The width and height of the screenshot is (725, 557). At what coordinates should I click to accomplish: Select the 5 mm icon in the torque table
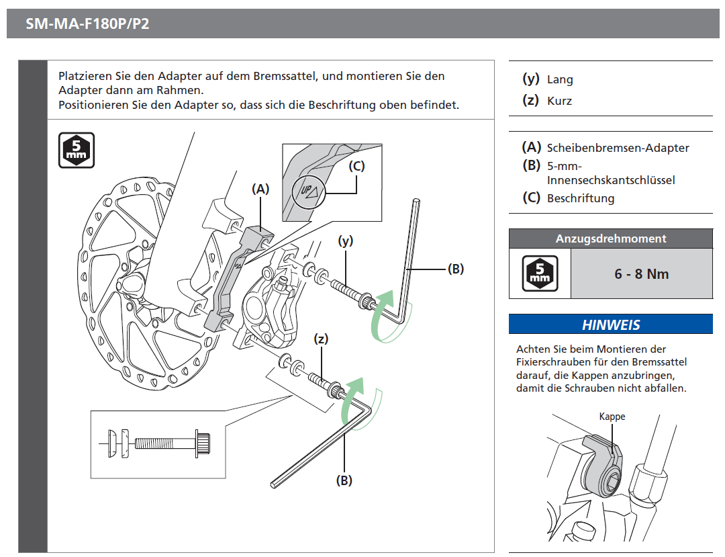(540, 273)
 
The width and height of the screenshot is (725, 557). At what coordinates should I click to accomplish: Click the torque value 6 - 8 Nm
(641, 273)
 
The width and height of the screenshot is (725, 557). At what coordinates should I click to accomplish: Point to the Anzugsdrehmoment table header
(610, 239)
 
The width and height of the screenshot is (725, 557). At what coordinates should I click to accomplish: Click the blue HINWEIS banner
(610, 325)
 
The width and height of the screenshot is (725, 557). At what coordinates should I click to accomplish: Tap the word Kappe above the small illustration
(612, 417)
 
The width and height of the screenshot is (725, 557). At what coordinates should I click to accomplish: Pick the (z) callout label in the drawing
(322, 339)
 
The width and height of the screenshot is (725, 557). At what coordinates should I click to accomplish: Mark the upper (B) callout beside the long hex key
(456, 269)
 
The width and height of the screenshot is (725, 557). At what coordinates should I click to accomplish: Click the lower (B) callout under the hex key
(344, 480)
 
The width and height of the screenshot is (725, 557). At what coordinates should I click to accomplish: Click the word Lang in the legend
(560, 79)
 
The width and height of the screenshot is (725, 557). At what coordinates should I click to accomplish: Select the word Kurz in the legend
(559, 101)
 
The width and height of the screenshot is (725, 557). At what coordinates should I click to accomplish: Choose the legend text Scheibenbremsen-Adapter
(618, 148)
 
